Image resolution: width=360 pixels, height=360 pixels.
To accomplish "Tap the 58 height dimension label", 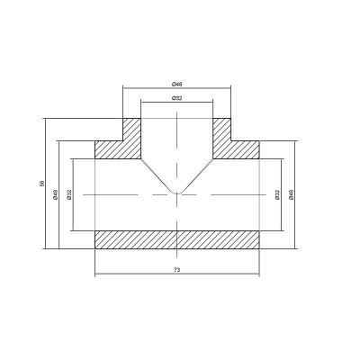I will click(x=41, y=184).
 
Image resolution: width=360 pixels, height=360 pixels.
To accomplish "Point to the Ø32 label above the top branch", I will click(x=177, y=97).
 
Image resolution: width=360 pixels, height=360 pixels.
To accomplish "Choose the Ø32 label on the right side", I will click(x=277, y=193).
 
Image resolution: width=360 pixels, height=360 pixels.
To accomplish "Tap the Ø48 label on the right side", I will click(x=290, y=193).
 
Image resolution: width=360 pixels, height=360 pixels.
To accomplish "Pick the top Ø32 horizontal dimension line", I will click(x=157, y=103).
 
